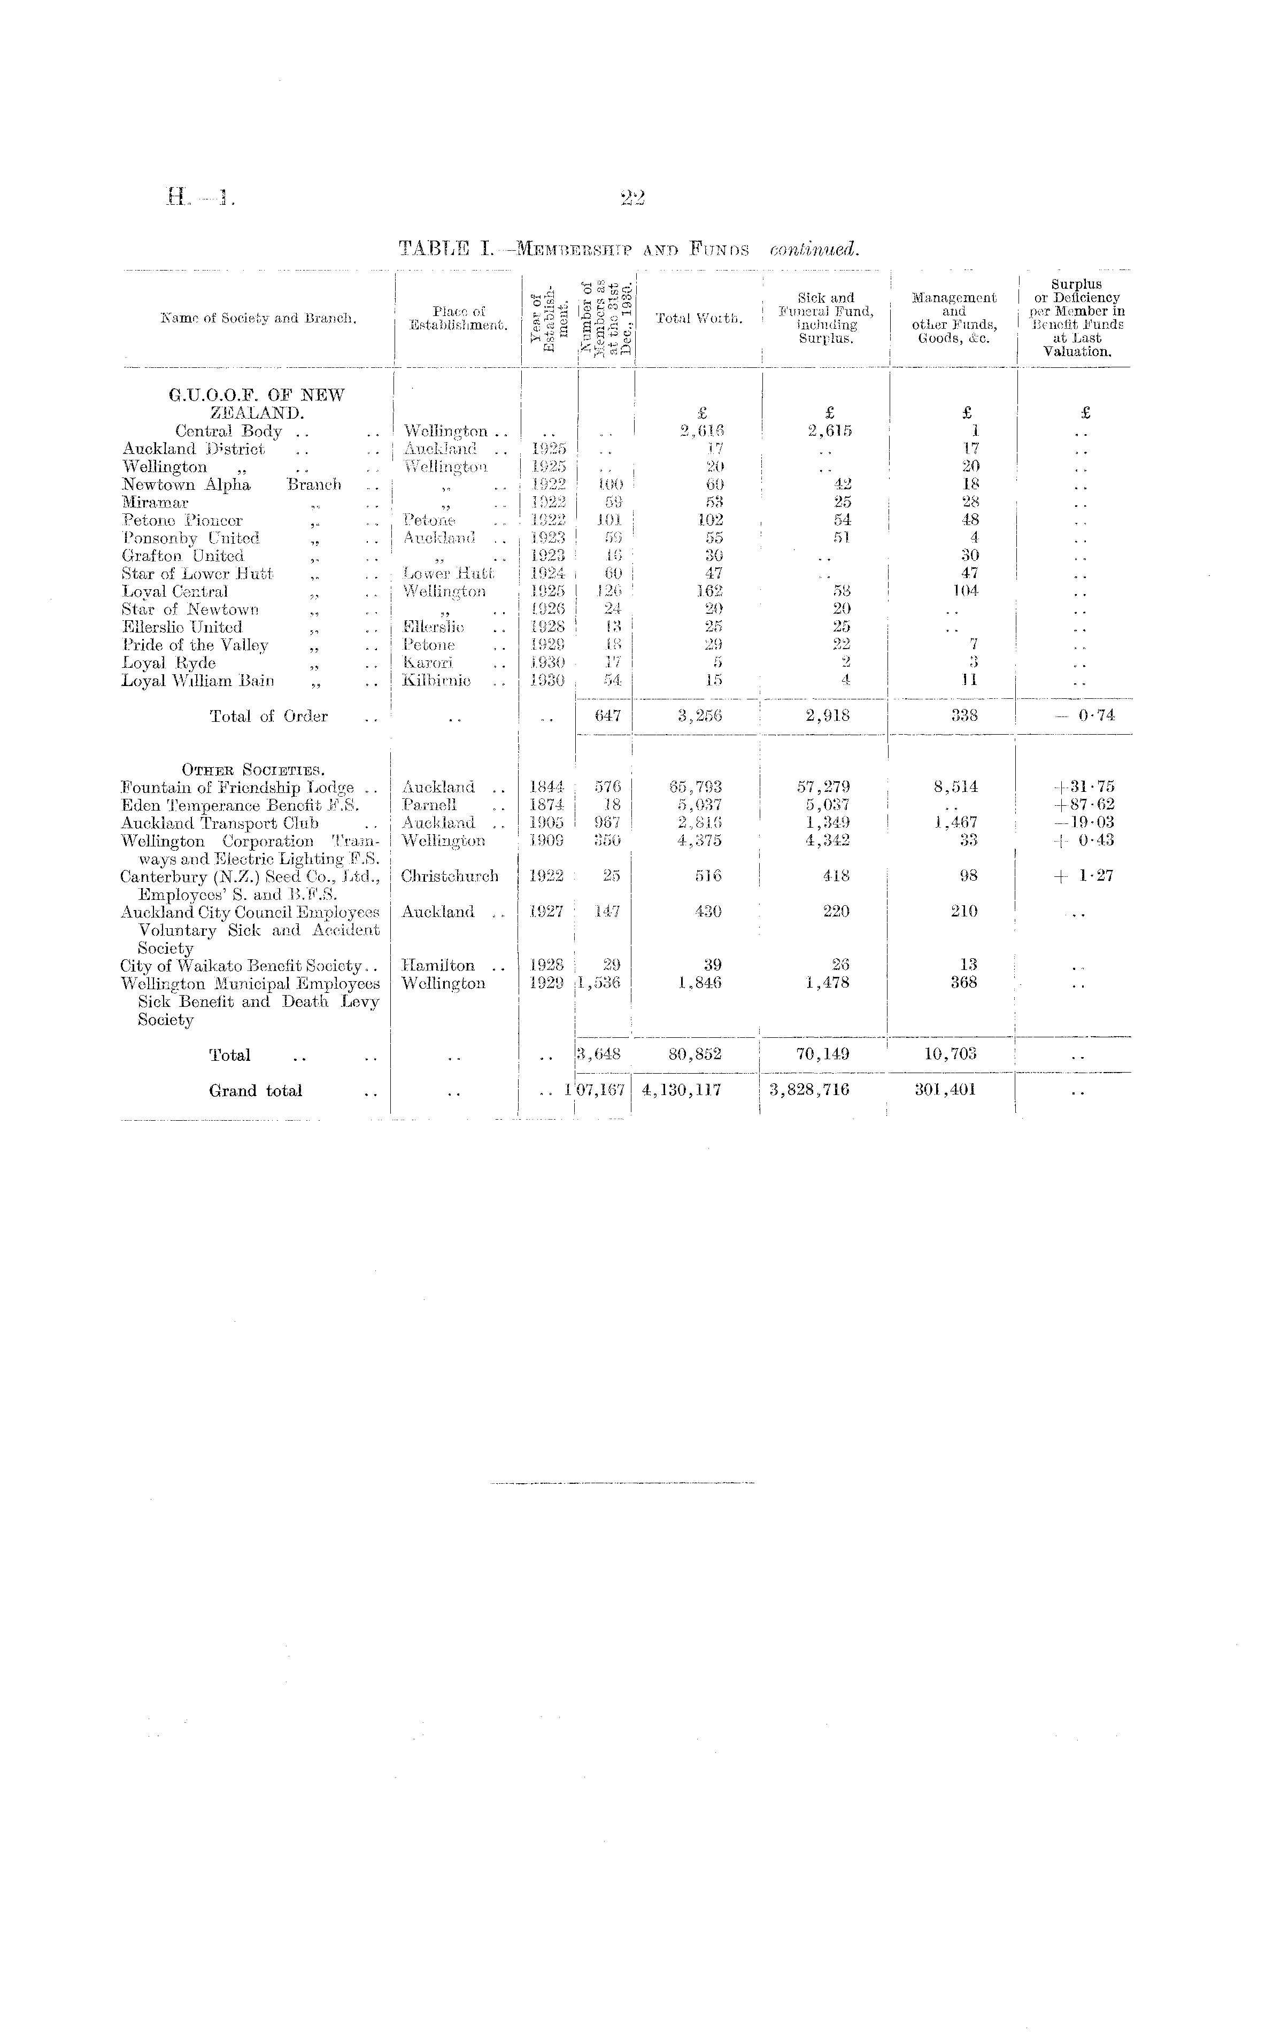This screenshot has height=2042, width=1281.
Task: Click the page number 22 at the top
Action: (x=632, y=198)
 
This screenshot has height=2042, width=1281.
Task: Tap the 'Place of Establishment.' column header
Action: (x=458, y=319)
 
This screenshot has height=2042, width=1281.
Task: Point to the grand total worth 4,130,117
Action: (x=681, y=1090)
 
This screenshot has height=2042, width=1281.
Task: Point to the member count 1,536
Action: (x=600, y=984)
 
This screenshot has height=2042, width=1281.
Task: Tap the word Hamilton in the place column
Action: (x=438, y=966)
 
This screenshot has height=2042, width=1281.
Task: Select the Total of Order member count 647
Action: (x=607, y=716)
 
